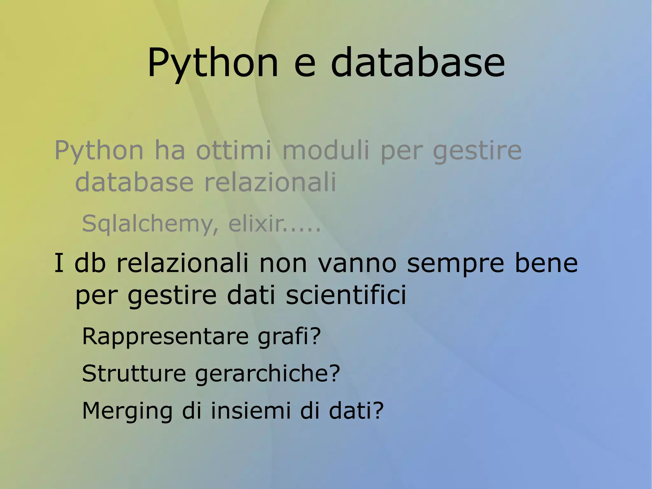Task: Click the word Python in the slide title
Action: pyautogui.click(x=213, y=62)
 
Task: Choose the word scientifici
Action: pyautogui.click(x=346, y=295)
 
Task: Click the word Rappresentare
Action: pyautogui.click(x=165, y=337)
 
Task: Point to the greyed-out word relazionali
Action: pyautogui.click(x=270, y=182)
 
